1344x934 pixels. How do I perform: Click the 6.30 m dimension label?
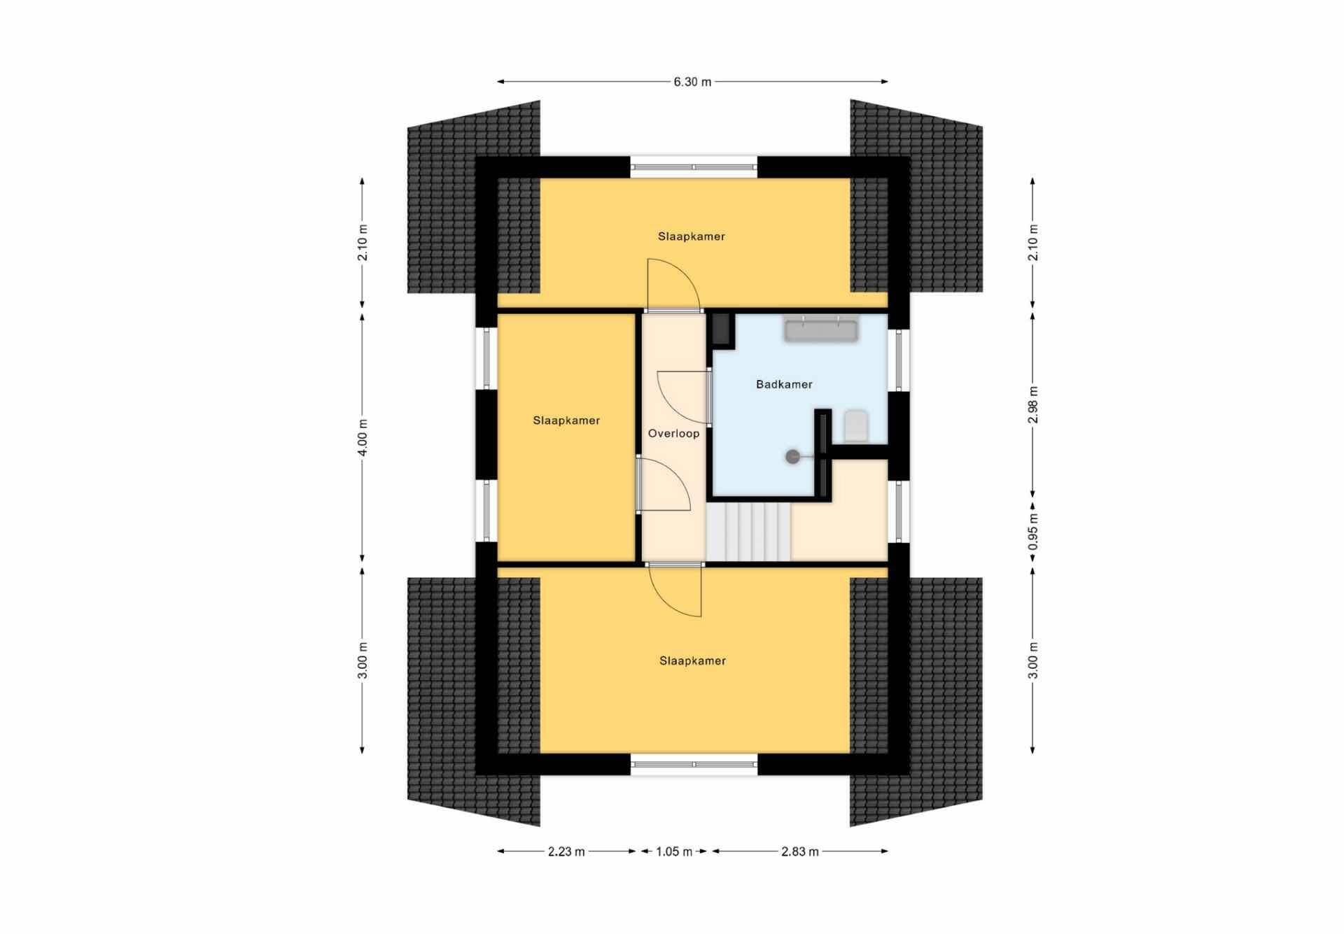[692, 82]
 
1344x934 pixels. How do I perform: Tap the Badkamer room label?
[784, 384]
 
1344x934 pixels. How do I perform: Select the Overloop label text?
[673, 434]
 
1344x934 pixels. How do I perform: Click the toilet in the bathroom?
[855, 425]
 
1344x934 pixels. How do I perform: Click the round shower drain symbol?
[792, 457]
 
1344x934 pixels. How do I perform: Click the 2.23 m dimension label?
[566, 851]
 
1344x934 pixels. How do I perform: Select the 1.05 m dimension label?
[673, 851]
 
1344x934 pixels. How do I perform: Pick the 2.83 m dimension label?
[799, 851]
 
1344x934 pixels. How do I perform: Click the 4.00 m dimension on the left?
[362, 437]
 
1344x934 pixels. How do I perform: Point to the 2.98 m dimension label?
[1033, 404]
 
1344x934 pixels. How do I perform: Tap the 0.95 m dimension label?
[1033, 533]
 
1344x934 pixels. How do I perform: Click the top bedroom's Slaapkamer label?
[691, 236]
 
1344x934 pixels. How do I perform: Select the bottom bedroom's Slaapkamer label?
[692, 660]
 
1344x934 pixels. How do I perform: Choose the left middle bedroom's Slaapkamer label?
[566, 420]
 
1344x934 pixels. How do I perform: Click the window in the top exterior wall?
[694, 167]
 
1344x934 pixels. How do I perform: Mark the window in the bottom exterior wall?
[694, 764]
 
